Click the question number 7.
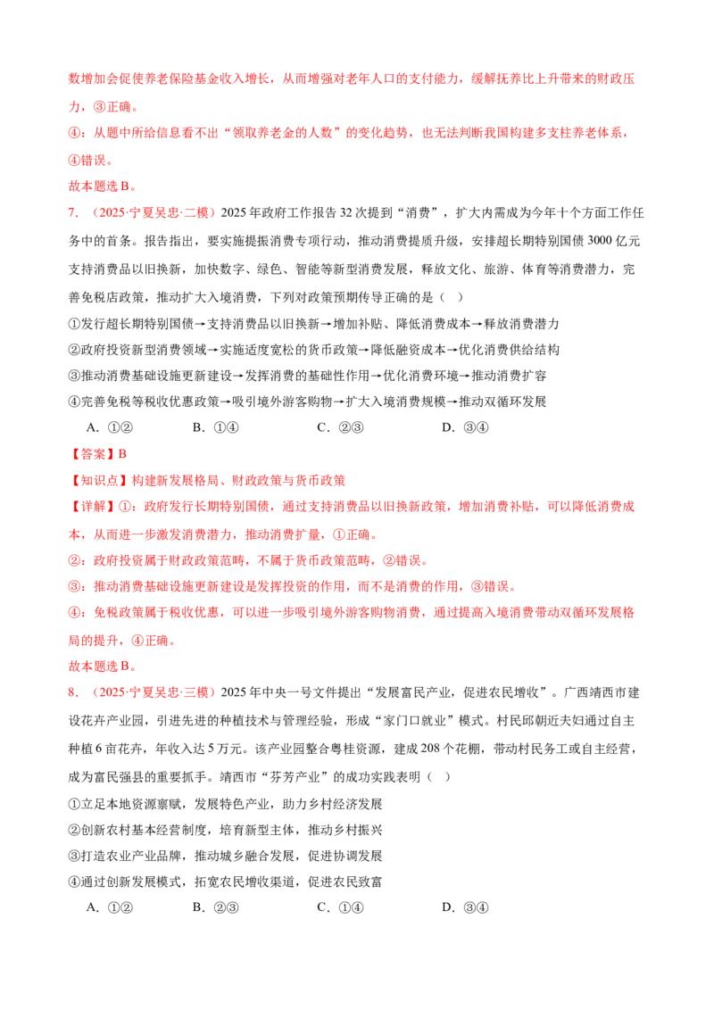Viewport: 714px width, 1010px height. (x=73, y=213)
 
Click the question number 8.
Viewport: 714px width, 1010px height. (x=73, y=692)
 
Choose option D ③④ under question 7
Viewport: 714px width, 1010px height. (x=465, y=427)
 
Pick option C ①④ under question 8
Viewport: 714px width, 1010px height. (x=340, y=907)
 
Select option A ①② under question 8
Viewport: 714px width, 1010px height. (x=110, y=907)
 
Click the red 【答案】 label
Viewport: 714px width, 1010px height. (x=93, y=454)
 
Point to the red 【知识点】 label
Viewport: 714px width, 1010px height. (x=99, y=481)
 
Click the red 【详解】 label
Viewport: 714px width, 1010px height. (x=93, y=507)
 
